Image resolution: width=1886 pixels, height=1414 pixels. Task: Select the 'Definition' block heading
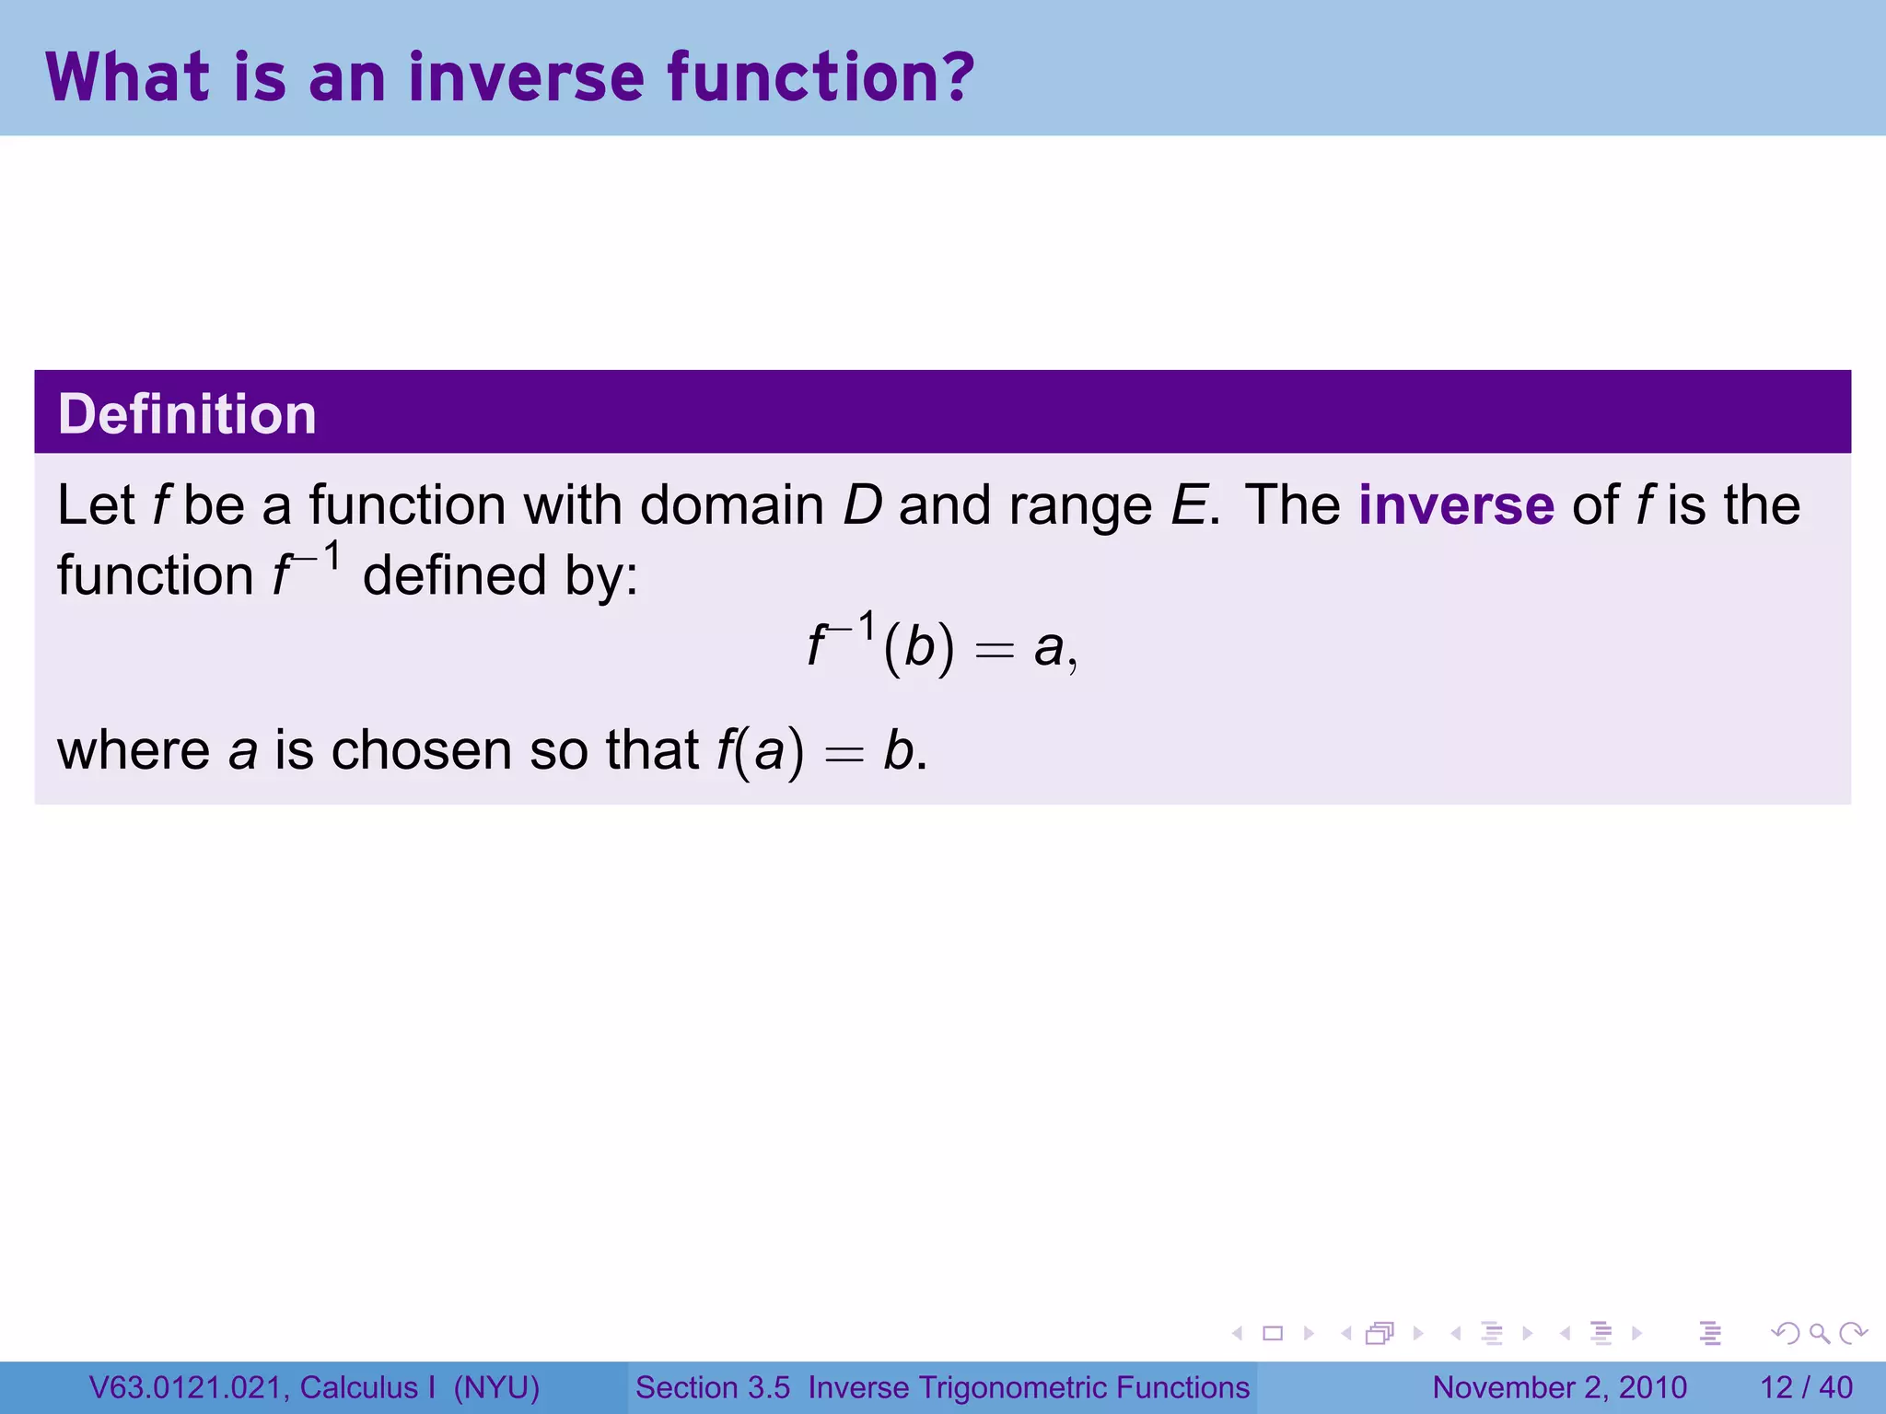click(x=187, y=414)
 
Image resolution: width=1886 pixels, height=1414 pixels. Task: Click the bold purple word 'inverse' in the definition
click(x=1456, y=505)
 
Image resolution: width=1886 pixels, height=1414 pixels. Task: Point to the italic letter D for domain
click(x=862, y=505)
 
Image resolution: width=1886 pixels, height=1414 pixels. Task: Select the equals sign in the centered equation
click(x=995, y=652)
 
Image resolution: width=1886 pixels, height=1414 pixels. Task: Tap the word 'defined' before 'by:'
click(x=455, y=576)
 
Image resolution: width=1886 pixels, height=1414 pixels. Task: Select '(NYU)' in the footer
click(x=496, y=1387)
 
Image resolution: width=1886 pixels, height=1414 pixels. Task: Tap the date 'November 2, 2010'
click(x=1559, y=1387)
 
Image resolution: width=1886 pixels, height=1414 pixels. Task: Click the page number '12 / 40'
click(x=1806, y=1387)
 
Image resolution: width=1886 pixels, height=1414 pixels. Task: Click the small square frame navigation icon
click(x=1273, y=1333)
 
